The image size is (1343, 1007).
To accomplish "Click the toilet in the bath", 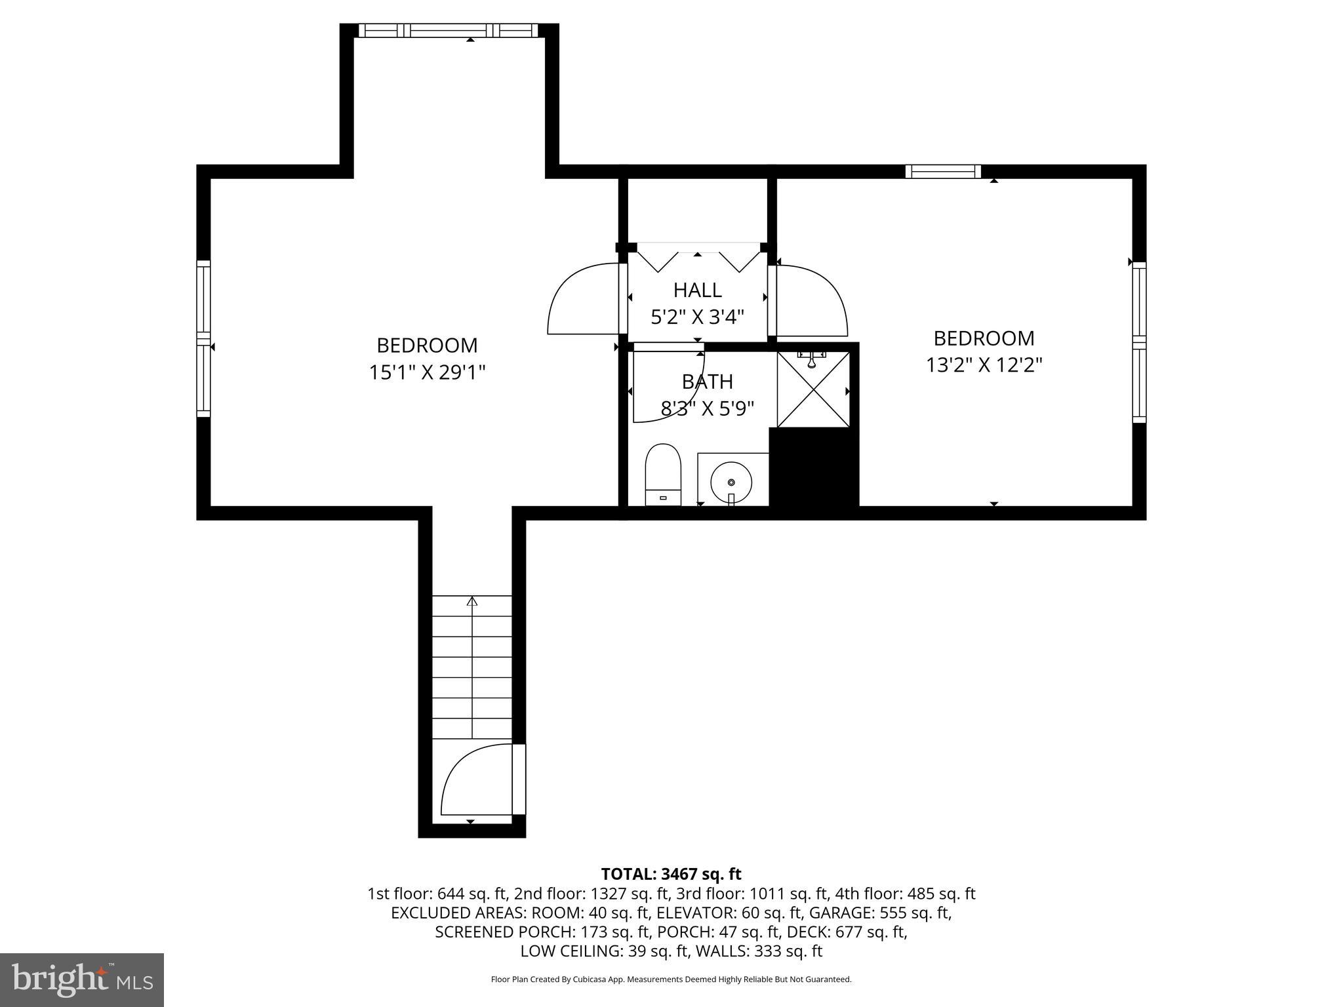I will tap(663, 473).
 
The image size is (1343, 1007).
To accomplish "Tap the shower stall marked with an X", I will tap(813, 389).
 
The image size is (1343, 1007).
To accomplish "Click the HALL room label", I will tap(697, 290).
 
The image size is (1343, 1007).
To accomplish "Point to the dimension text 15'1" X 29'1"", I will tap(427, 372).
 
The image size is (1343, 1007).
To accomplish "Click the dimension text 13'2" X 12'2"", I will tap(984, 365).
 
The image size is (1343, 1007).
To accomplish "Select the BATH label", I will tap(707, 382).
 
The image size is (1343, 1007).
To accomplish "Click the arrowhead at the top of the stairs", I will tap(472, 601).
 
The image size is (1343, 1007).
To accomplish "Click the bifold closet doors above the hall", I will tap(697, 258).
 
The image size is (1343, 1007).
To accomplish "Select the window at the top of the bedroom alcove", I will tap(449, 30).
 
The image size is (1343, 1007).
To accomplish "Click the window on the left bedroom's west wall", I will tap(204, 338).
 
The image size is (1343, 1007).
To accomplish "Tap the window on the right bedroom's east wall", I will tap(1139, 342).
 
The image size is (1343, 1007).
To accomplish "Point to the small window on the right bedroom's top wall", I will tap(943, 172).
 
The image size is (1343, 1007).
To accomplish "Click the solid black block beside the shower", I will tap(814, 467).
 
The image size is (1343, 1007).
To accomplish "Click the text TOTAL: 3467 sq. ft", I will tap(671, 874).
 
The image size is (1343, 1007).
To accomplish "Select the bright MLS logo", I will tap(82, 979).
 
